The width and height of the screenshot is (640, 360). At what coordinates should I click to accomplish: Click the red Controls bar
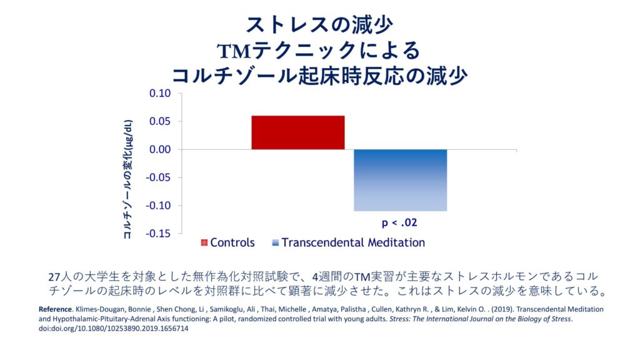[297, 132]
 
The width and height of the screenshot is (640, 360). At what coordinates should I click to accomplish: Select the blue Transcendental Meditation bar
[401, 180]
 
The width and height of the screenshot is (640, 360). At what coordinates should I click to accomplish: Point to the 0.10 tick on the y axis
[159, 94]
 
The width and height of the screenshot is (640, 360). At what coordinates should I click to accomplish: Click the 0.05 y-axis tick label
[159, 121]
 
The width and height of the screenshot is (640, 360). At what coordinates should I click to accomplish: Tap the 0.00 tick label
[159, 149]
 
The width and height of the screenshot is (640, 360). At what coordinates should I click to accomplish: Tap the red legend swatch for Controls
[204, 242]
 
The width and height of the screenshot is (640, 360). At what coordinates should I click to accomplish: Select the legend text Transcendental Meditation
[353, 242]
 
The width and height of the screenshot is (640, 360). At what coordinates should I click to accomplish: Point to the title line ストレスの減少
[319, 26]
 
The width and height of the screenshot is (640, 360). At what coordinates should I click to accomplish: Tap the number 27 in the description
[54, 276]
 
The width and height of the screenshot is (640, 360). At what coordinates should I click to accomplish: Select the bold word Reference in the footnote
[55, 309]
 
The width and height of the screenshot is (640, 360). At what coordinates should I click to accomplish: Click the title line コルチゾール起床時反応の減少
[319, 76]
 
